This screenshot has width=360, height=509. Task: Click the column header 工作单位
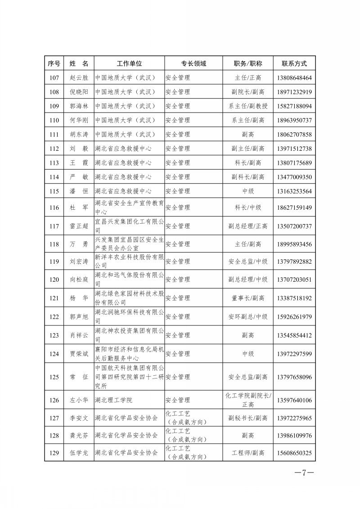pos(129,63)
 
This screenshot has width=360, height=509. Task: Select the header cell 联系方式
pos(294,63)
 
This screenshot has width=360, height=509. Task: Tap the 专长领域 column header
pos(193,63)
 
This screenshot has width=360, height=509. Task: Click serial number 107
pos(54,78)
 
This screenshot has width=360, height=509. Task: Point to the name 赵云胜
pos(79,78)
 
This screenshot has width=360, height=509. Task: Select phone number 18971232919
pos(294,92)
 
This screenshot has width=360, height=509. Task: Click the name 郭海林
pos(79,106)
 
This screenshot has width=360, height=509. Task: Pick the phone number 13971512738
pos(294,149)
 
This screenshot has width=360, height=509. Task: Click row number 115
pos(54,191)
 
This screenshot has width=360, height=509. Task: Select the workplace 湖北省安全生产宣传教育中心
pos(129,207)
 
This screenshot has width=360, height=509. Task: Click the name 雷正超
pos(79,226)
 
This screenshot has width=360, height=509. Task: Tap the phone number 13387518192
pos(294,298)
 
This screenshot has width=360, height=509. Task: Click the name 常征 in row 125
pos(79,377)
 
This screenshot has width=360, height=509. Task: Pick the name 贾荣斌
pos(79,354)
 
